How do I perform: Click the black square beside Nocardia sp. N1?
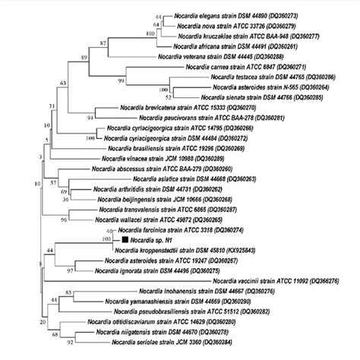point(124,239)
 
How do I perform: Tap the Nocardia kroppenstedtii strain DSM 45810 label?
point(182,249)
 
